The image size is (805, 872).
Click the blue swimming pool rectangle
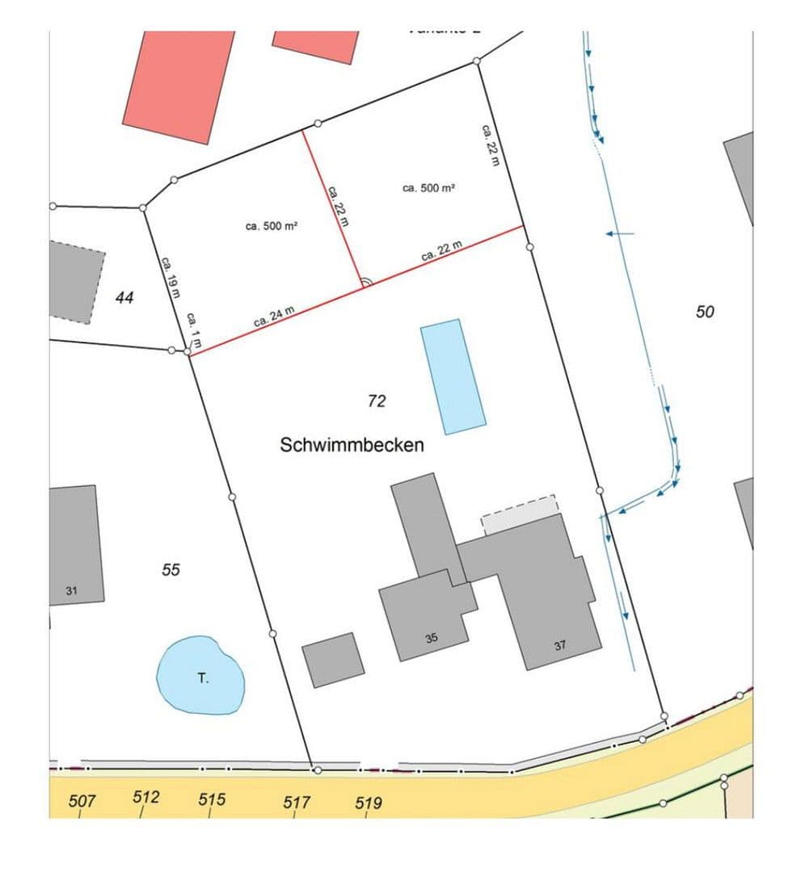(x=453, y=376)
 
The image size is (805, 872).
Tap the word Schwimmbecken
(x=352, y=444)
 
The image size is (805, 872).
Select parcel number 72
(x=377, y=400)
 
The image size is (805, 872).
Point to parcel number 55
(x=171, y=570)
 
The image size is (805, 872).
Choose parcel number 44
(x=124, y=298)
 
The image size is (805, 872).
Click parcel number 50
(x=705, y=311)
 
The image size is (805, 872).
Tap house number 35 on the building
(x=432, y=638)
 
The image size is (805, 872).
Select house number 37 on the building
(x=560, y=645)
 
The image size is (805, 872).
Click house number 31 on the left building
(x=71, y=591)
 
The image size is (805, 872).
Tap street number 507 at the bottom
(x=82, y=801)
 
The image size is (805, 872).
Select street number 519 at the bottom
(x=368, y=803)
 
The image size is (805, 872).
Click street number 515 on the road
(x=212, y=799)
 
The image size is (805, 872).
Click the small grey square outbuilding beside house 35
(x=333, y=660)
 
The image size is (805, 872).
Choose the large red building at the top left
(x=178, y=85)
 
